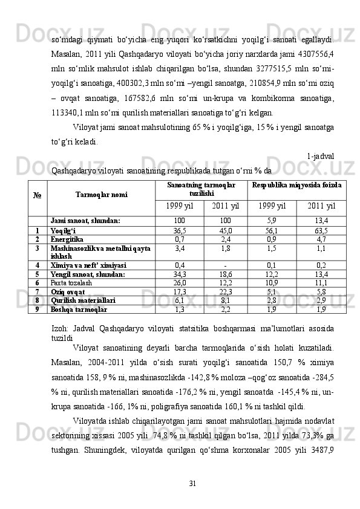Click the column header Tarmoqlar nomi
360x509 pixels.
[x=102, y=195]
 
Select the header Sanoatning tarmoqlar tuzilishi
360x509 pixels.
[x=201, y=187]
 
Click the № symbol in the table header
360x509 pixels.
[x=36, y=195]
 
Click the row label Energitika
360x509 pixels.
[x=66, y=239]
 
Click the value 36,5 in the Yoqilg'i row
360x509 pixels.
[x=180, y=230]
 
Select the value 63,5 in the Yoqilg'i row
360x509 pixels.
[x=321, y=230]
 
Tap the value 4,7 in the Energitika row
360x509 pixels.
[x=321, y=239]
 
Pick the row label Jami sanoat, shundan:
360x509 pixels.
[x=85, y=221]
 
